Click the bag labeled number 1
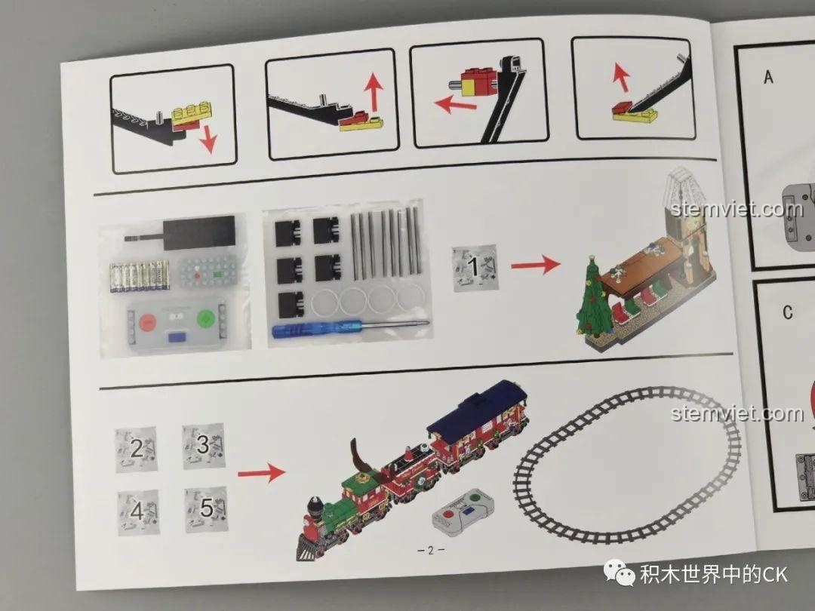pos(475,268)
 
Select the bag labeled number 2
pos(136,450)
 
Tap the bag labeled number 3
pos(204,446)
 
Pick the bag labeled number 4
pos(138,512)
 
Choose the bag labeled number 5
pos(206,509)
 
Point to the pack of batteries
pos(140,276)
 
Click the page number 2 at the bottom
pos(430,550)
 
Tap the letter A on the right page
pos(768,78)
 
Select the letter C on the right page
pos(788,312)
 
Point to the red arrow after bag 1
pos(535,265)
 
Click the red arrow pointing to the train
pos(261,472)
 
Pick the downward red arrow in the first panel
pos(208,139)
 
